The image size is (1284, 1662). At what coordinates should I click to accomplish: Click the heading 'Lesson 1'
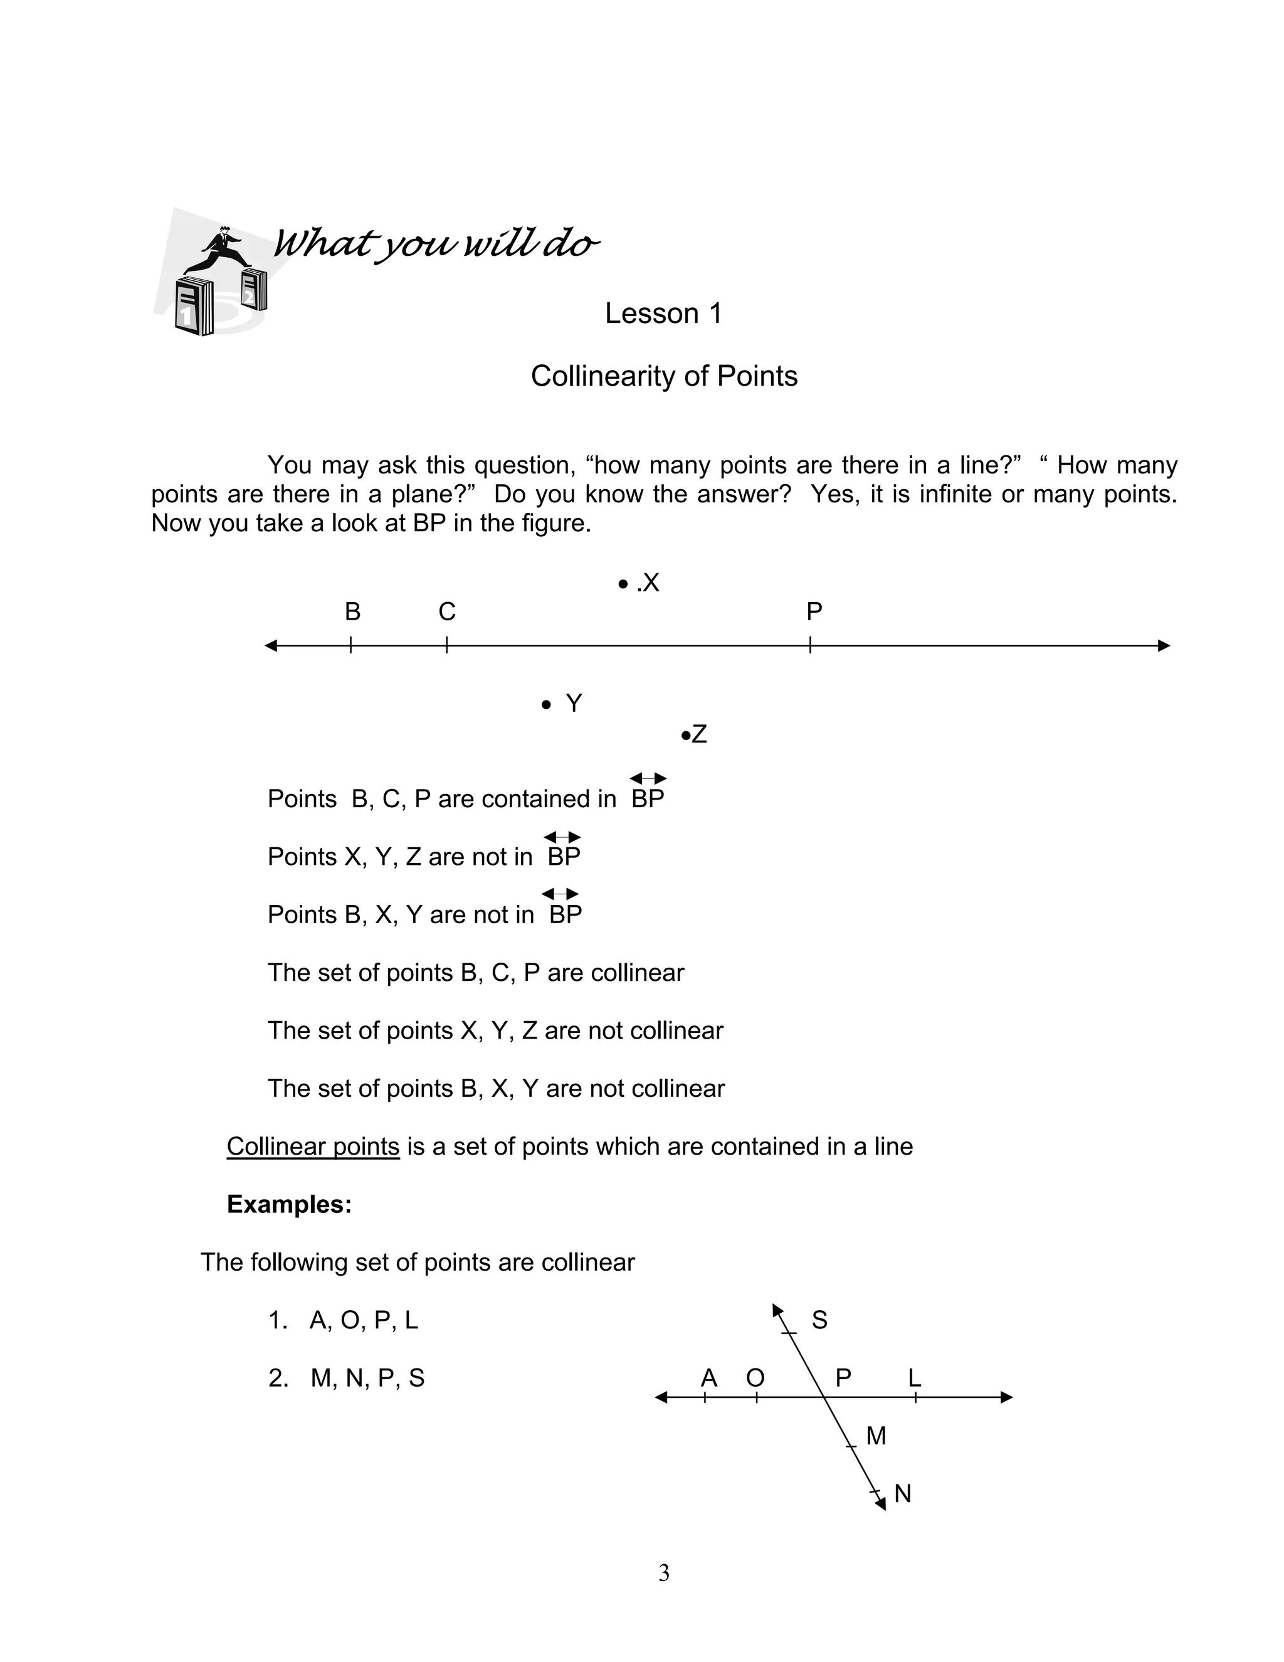[x=663, y=314]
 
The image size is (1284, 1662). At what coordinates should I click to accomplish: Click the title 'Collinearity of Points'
[x=663, y=376]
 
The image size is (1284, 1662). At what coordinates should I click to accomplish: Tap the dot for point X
[x=623, y=585]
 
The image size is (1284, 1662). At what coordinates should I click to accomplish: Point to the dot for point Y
[x=545, y=705]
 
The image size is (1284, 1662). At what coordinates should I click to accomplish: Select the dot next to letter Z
[x=685, y=735]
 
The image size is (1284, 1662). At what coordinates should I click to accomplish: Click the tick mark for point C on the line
[x=446, y=645]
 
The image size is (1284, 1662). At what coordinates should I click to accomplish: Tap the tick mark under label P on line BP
[x=810, y=645]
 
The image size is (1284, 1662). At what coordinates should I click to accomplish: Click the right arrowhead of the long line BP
[x=1163, y=645]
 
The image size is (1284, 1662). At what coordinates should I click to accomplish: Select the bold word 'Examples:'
[x=289, y=1204]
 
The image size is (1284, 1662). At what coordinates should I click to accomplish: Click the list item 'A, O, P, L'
[x=364, y=1320]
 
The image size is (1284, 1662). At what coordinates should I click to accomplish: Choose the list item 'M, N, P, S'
[x=367, y=1378]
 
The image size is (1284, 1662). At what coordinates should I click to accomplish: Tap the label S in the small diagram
[x=819, y=1320]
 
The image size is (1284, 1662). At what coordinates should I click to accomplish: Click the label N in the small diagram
[x=902, y=1494]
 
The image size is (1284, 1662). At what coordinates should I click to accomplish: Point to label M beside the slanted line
[x=876, y=1436]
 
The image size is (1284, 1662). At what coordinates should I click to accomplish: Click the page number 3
[x=663, y=1573]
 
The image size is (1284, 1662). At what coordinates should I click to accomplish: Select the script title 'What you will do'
[x=435, y=243]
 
